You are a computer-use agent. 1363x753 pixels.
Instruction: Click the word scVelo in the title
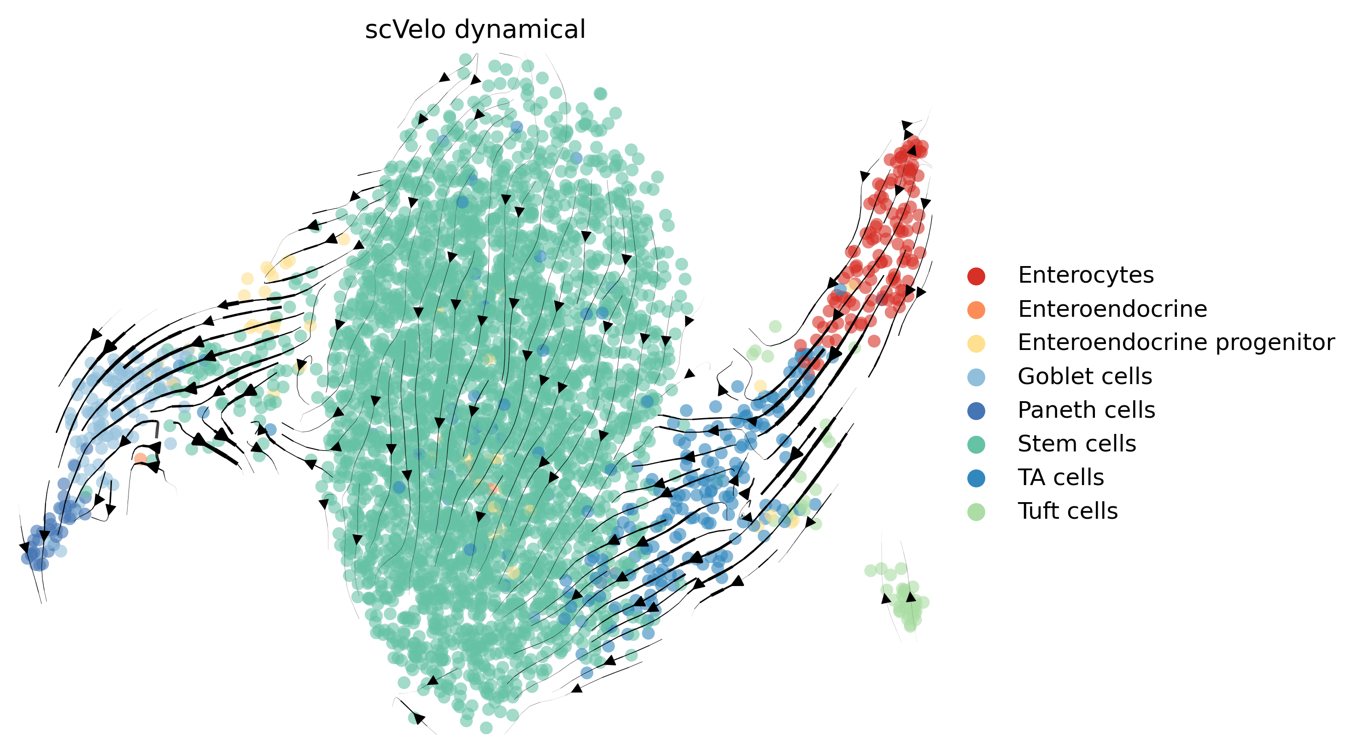pyautogui.click(x=405, y=30)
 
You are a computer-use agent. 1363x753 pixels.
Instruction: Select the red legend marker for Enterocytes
pyautogui.click(x=976, y=276)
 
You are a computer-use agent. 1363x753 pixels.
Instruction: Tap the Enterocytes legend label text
pyautogui.click(x=1085, y=275)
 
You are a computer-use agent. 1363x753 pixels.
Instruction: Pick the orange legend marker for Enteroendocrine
pyautogui.click(x=976, y=310)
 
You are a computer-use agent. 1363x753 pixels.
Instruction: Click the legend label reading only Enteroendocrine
pyautogui.click(x=1112, y=309)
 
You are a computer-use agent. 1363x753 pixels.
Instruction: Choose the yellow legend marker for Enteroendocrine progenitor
pyautogui.click(x=976, y=343)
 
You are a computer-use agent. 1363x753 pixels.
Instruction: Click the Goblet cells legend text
pyautogui.click(x=1085, y=376)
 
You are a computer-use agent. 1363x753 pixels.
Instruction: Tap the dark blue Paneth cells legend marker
pyautogui.click(x=976, y=411)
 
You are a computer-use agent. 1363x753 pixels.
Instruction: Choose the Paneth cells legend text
pyautogui.click(x=1086, y=410)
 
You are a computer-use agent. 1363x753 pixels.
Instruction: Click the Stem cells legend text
pyautogui.click(x=1077, y=444)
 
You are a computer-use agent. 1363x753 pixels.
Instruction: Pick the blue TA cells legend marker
pyautogui.click(x=976, y=478)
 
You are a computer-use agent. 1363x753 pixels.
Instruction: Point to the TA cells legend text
pyautogui.click(x=1061, y=478)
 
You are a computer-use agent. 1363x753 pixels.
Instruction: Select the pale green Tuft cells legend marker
pyautogui.click(x=976, y=512)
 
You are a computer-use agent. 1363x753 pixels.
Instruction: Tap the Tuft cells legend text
pyautogui.click(x=1068, y=511)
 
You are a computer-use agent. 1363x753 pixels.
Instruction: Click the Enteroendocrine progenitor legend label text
pyautogui.click(x=1176, y=343)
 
